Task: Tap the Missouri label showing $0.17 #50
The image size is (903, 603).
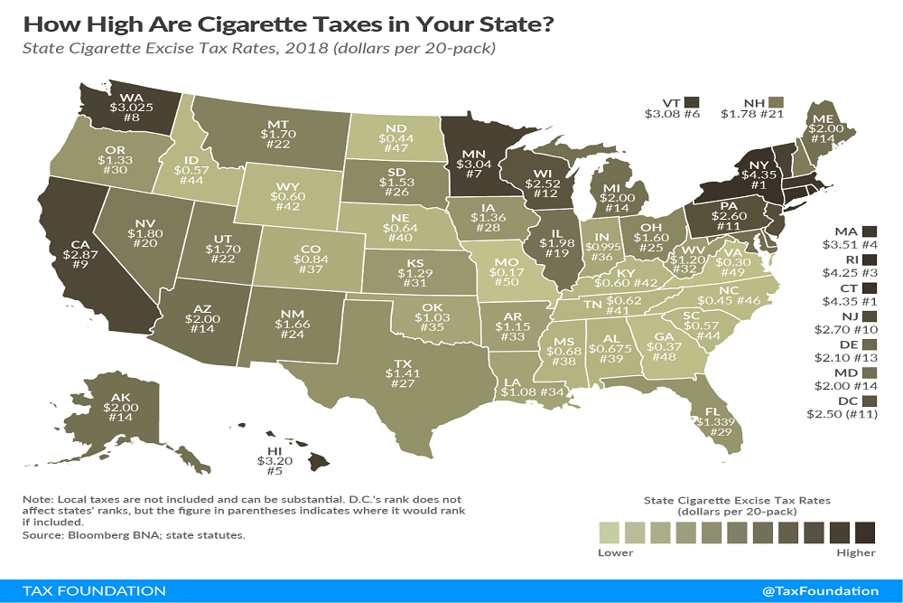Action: coord(507,270)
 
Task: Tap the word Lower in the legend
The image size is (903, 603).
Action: coord(616,552)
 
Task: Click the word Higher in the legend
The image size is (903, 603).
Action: coord(856,552)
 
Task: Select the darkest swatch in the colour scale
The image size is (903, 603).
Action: coord(865,530)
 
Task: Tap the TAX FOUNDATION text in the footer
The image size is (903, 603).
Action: coord(88,590)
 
